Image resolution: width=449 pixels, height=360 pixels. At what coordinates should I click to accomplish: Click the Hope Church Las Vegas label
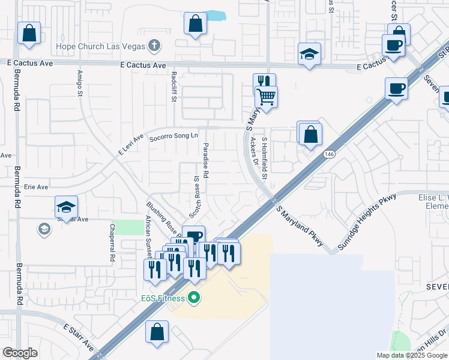pos(100,46)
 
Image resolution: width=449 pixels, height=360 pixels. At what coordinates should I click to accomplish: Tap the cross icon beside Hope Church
pos(154,45)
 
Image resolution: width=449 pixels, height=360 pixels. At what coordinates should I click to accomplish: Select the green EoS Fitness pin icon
pos(193,297)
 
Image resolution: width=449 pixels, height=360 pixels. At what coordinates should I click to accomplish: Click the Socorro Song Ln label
pos(173,136)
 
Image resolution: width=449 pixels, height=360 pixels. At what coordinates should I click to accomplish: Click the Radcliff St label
pos(173,86)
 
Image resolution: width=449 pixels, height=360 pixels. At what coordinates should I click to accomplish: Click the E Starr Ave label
pos(79,337)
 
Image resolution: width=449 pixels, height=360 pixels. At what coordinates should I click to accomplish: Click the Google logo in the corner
pos(20,353)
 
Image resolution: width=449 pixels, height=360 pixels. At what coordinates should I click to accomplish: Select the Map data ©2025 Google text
pos(412,355)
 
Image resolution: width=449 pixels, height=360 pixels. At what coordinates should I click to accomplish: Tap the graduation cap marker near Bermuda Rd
pos(66,207)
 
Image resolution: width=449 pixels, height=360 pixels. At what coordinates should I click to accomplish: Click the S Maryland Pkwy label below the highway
pos(300,226)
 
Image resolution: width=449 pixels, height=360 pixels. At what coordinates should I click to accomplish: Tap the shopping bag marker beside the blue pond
pos(195,24)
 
